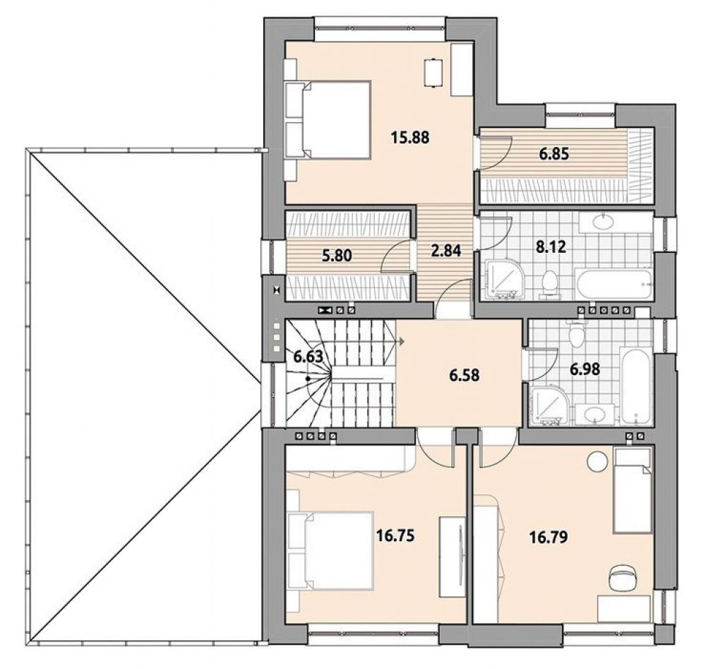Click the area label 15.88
410,136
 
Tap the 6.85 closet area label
554,154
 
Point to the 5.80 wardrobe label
337,256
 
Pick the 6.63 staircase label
309,356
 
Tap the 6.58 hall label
465,375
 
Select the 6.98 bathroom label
585,369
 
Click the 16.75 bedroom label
395,535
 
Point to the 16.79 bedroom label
548,537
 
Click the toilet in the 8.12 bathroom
549,284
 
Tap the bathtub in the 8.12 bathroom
614,284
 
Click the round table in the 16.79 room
597,461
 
